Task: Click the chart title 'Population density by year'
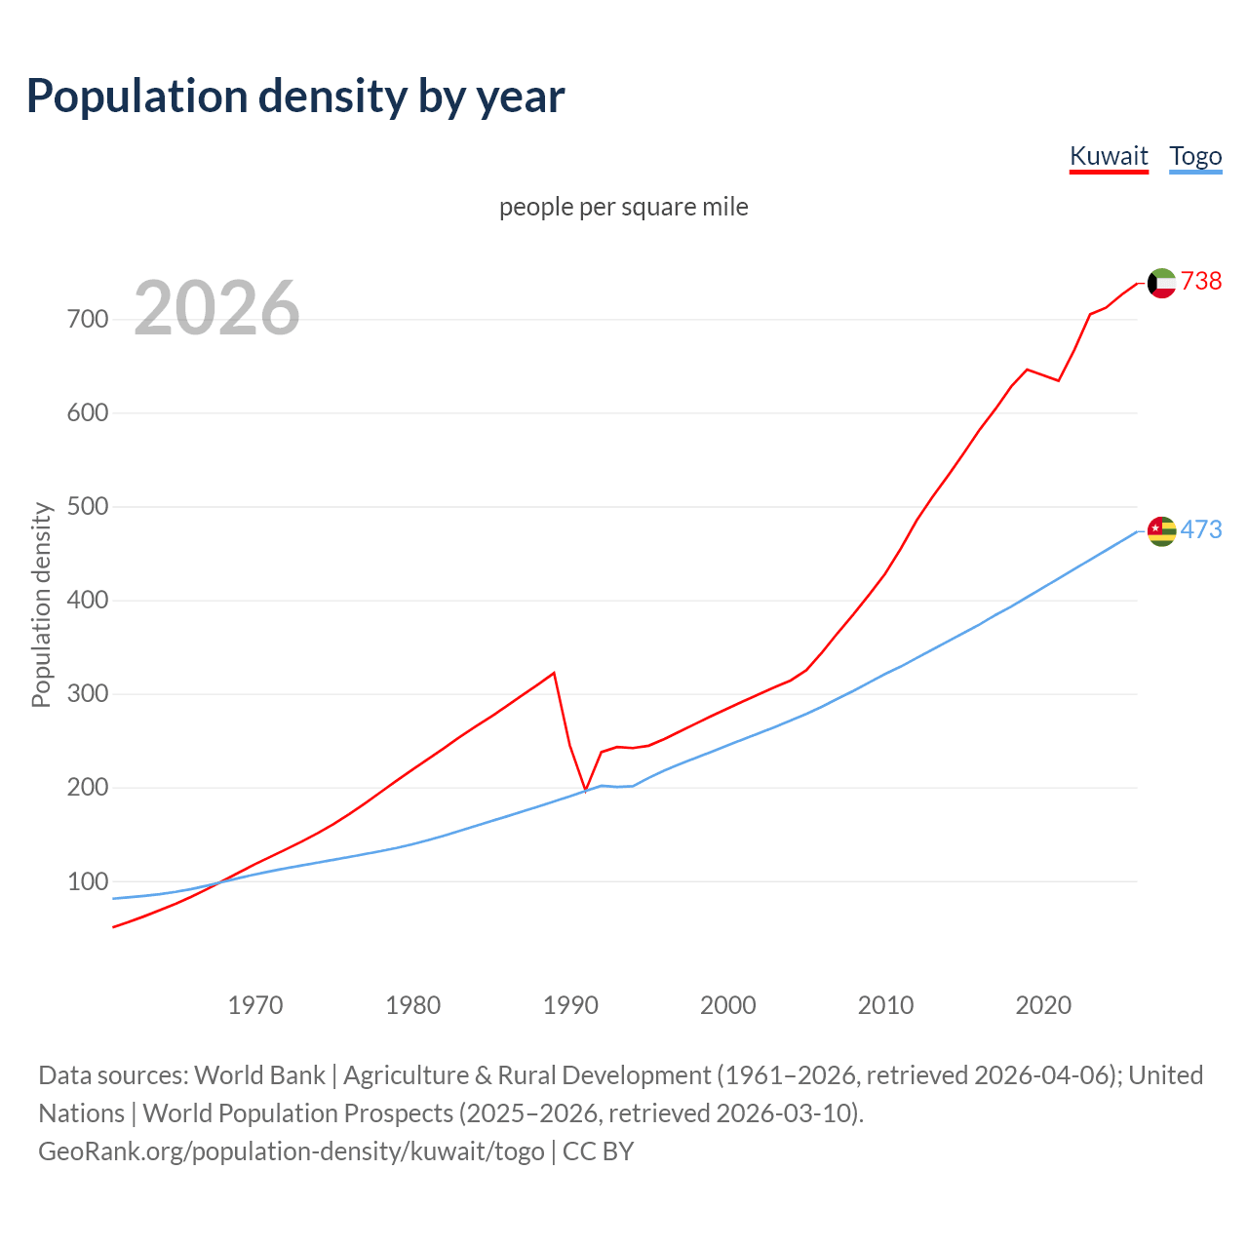coord(295,96)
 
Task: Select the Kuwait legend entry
coord(1109,156)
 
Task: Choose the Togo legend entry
coord(1195,156)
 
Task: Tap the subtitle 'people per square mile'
coord(624,207)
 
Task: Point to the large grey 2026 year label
coord(216,308)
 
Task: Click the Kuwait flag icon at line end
coord(1161,283)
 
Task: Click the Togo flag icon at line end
coord(1161,530)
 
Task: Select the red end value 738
coord(1201,281)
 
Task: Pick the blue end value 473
coord(1201,529)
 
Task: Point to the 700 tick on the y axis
coord(88,320)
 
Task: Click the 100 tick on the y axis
coord(88,881)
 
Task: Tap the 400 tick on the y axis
coord(88,601)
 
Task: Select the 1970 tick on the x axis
coord(255,1005)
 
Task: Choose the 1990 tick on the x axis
coord(570,1005)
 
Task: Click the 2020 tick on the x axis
coord(1043,1005)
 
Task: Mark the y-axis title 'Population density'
coord(41,604)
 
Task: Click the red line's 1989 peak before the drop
coord(554,673)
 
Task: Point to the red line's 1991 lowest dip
coord(585,790)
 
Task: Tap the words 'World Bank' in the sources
coord(259,1074)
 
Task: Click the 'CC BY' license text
coord(598,1150)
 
